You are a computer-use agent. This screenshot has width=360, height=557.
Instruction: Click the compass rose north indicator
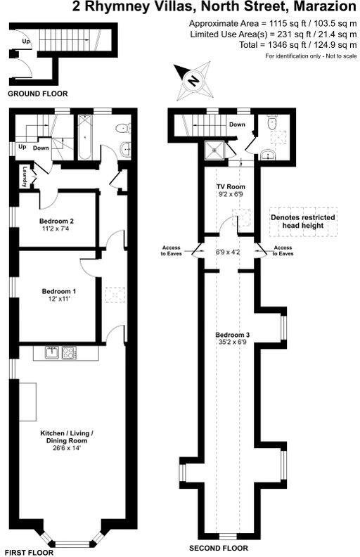point(192,79)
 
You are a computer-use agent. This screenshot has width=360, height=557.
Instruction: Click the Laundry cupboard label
point(25,177)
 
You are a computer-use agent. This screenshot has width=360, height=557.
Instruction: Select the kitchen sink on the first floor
point(51,352)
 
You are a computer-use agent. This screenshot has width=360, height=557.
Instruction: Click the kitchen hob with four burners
point(69,352)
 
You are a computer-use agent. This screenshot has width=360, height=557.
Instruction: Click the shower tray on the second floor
point(213,150)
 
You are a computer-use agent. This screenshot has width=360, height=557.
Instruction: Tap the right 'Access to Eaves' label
point(283,250)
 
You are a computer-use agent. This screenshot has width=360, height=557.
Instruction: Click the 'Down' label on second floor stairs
point(237,124)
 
